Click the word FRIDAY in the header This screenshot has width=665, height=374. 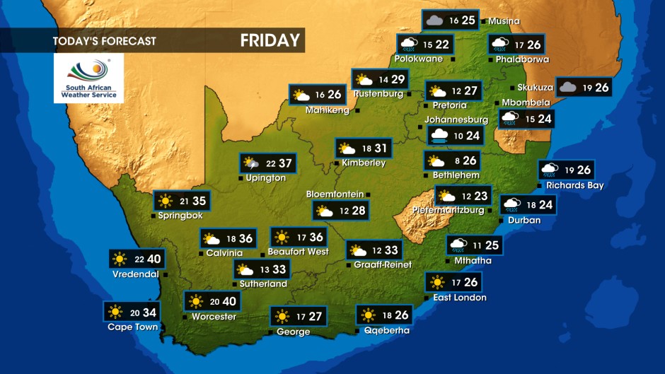(x=270, y=40)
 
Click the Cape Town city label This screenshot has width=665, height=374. (x=132, y=327)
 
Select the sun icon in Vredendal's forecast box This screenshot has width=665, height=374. (x=120, y=259)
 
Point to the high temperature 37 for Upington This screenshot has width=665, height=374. (x=285, y=163)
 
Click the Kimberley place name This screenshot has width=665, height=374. (x=364, y=163)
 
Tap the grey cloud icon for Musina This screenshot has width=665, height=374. (x=434, y=20)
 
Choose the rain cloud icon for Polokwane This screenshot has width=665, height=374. (x=407, y=45)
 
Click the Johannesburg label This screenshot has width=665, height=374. (x=457, y=119)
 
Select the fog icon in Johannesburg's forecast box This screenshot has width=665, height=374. (x=439, y=135)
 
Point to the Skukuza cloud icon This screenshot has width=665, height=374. (x=567, y=87)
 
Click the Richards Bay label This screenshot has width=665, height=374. (x=574, y=185)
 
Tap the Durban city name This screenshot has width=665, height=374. (x=524, y=220)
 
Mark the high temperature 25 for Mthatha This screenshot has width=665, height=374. (x=492, y=245)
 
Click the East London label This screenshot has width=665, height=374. (x=460, y=298)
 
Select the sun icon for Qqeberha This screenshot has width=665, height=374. (x=368, y=315)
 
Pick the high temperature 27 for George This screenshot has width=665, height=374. (x=316, y=316)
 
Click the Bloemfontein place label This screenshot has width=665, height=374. (x=335, y=194)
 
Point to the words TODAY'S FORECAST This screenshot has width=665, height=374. (x=104, y=41)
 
